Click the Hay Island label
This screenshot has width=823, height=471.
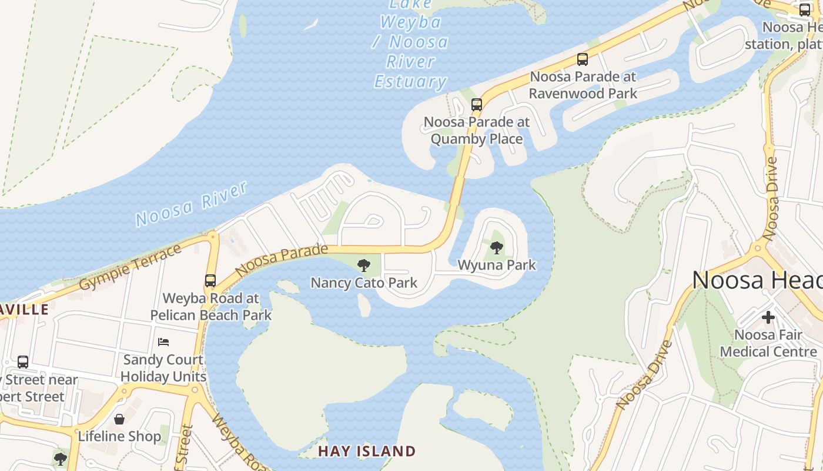367,452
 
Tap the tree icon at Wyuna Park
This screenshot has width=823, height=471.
497,247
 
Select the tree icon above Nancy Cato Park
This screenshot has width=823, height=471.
364,266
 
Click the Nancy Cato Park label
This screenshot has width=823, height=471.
364,283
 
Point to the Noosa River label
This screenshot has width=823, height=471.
191,204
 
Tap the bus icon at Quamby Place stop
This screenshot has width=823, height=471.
477,105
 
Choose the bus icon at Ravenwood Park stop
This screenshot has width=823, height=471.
583,59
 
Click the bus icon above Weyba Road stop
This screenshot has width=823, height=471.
210,281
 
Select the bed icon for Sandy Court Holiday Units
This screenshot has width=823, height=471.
163,342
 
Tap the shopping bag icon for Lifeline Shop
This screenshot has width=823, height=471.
119,419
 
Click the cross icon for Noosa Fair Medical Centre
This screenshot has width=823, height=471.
768,317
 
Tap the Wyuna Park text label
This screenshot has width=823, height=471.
497,265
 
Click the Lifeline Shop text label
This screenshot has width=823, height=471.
119,436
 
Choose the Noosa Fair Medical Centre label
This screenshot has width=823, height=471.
768,343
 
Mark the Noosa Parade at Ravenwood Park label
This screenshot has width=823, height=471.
583,85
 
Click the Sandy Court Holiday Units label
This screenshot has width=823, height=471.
163,368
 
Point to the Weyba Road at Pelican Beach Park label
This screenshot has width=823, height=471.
210,306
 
